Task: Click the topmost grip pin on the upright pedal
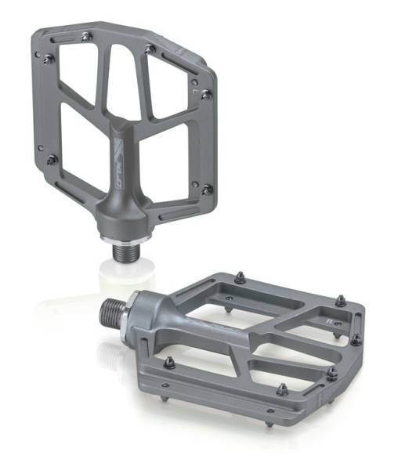click(x=84, y=35)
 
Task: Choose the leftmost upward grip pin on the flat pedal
click(x=168, y=362)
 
